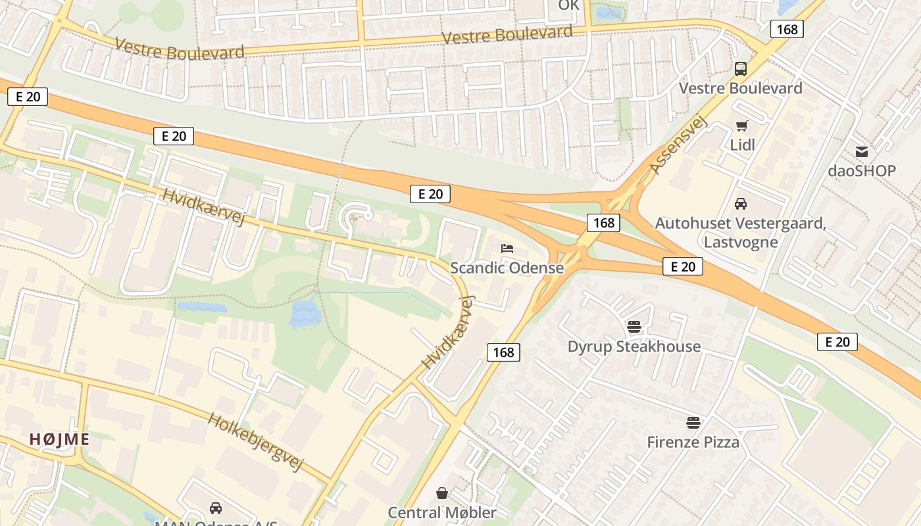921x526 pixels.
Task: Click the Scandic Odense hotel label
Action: pyautogui.click(x=507, y=268)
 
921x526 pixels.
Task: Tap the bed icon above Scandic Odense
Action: pyautogui.click(x=507, y=249)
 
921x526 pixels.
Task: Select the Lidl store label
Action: pyautogui.click(x=742, y=145)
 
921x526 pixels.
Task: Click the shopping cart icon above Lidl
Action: pyautogui.click(x=742, y=126)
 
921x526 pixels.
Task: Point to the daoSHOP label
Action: pyautogui.click(x=861, y=171)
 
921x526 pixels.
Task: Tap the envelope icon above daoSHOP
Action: pyautogui.click(x=861, y=152)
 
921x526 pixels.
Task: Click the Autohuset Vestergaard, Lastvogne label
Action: pyautogui.click(x=740, y=233)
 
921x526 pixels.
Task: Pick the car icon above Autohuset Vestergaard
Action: pyautogui.click(x=741, y=204)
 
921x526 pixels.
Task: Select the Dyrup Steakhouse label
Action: pyautogui.click(x=634, y=347)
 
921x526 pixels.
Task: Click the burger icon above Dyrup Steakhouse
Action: pyautogui.click(x=634, y=327)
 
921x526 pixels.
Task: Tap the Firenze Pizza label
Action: pyautogui.click(x=693, y=442)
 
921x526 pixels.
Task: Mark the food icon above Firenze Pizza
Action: pyautogui.click(x=693, y=422)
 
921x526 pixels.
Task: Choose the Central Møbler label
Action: pyautogui.click(x=442, y=512)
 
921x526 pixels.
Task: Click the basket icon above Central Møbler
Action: pyautogui.click(x=442, y=493)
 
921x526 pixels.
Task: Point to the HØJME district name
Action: pyautogui.click(x=59, y=439)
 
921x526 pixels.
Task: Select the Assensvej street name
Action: pyautogui.click(x=677, y=145)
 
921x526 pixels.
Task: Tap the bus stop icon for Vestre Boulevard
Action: pyautogui.click(x=740, y=69)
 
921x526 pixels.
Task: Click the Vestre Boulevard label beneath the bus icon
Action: pyautogui.click(x=740, y=88)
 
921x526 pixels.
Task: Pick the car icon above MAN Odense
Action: pyautogui.click(x=215, y=508)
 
